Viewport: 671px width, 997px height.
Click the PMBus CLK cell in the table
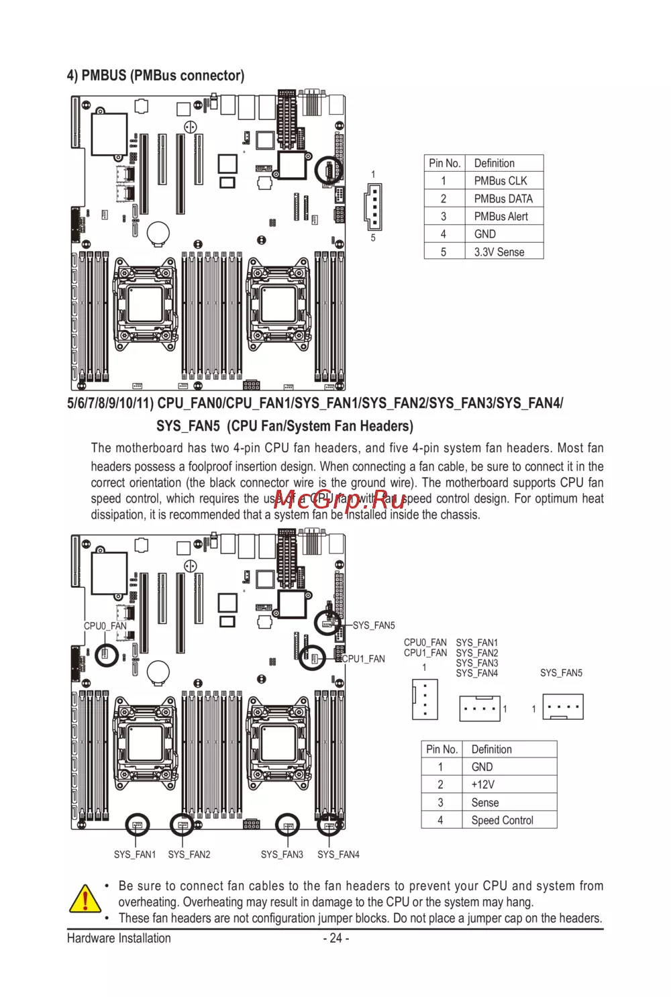[x=501, y=181]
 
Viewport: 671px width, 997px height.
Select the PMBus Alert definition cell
[x=501, y=217]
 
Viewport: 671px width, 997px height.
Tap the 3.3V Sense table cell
[x=499, y=252]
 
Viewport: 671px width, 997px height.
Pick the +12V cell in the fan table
[x=482, y=785]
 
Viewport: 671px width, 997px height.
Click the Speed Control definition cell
[x=502, y=821]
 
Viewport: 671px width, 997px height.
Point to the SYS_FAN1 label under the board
[x=134, y=855]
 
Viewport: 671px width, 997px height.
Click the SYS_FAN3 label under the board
[x=282, y=855]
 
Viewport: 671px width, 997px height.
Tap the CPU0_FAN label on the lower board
[x=105, y=626]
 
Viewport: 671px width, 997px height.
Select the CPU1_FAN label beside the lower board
[x=364, y=659]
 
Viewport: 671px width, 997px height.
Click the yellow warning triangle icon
[x=85, y=899]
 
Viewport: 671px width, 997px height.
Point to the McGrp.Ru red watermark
[x=340, y=499]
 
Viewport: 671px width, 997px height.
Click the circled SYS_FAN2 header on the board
[x=182, y=825]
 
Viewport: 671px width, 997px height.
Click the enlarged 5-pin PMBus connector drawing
[x=373, y=206]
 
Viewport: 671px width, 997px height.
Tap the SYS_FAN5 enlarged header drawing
[x=562, y=707]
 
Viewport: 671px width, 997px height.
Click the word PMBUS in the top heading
[x=103, y=76]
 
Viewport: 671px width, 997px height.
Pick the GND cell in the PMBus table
[x=484, y=234]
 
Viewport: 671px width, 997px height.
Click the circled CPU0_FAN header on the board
[x=106, y=653]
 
